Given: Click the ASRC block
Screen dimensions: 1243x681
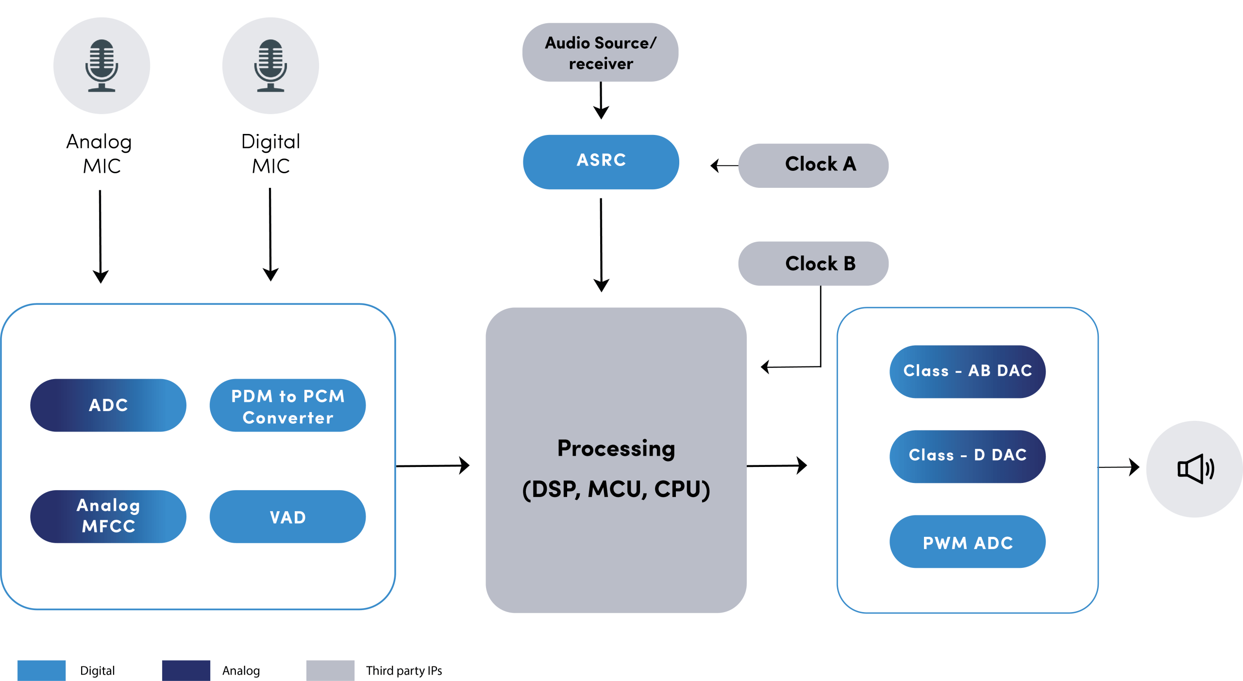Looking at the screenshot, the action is tap(601, 162).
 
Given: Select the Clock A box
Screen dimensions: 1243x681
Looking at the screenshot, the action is tap(813, 165).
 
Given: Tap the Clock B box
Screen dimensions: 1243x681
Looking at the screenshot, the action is tap(813, 263).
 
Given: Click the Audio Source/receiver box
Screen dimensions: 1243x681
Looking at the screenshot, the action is tap(600, 52).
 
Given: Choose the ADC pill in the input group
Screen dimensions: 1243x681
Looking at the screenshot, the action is tap(108, 405).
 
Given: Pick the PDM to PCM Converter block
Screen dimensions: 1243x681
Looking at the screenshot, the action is tap(287, 405).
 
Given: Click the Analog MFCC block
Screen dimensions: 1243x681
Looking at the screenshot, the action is tap(108, 516).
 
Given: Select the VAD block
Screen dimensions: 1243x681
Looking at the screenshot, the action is tap(287, 516).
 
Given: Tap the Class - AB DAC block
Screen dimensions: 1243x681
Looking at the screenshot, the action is tap(967, 371).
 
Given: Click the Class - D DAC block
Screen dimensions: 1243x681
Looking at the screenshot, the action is tap(967, 456).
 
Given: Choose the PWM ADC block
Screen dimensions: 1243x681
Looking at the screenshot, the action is tap(967, 541).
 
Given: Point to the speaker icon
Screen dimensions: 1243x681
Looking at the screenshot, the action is tap(1195, 469).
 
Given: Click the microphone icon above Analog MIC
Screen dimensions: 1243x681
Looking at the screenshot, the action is tap(101, 66).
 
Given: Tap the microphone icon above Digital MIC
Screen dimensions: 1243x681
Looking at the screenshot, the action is tap(270, 66).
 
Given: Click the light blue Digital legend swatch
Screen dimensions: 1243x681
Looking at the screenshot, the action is tap(41, 670).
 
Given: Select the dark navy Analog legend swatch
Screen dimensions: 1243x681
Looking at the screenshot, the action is tap(186, 670).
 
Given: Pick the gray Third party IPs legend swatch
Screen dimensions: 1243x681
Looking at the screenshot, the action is tap(330, 670).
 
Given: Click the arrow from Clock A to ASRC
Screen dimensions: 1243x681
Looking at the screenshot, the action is tap(724, 166).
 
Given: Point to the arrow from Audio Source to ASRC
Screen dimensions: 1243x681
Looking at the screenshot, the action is tap(601, 100).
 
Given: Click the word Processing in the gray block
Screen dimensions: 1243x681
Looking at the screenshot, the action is tap(616, 448).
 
